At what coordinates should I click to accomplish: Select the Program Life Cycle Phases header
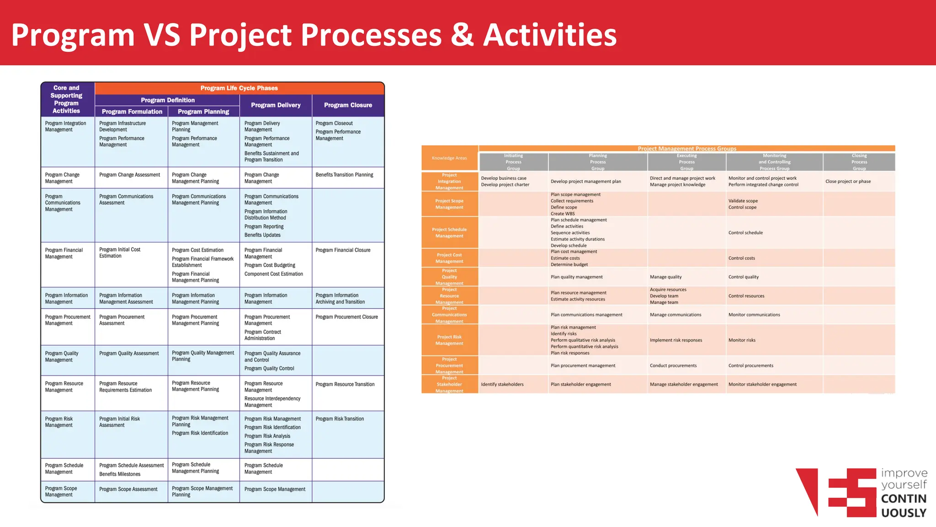click(239, 88)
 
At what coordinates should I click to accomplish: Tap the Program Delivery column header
click(276, 105)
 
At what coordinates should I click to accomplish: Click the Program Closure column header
click(348, 105)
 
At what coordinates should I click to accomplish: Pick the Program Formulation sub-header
click(132, 112)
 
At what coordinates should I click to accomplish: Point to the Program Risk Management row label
click(59, 422)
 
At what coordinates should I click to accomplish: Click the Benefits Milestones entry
click(120, 474)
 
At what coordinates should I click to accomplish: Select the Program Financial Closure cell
click(343, 250)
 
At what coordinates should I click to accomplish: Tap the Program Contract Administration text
click(262, 335)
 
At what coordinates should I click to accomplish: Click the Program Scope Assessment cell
click(128, 489)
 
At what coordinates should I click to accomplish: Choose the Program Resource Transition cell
click(345, 384)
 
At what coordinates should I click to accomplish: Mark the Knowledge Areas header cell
click(449, 158)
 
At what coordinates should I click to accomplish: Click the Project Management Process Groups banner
click(686, 149)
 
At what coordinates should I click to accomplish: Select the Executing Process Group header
click(686, 162)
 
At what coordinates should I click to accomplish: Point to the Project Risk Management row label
click(449, 340)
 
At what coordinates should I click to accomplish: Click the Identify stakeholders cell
click(502, 384)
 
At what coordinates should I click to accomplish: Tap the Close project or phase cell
click(848, 181)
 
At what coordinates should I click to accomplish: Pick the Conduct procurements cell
click(673, 366)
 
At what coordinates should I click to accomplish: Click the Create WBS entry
click(563, 214)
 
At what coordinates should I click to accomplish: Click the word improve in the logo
click(904, 473)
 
